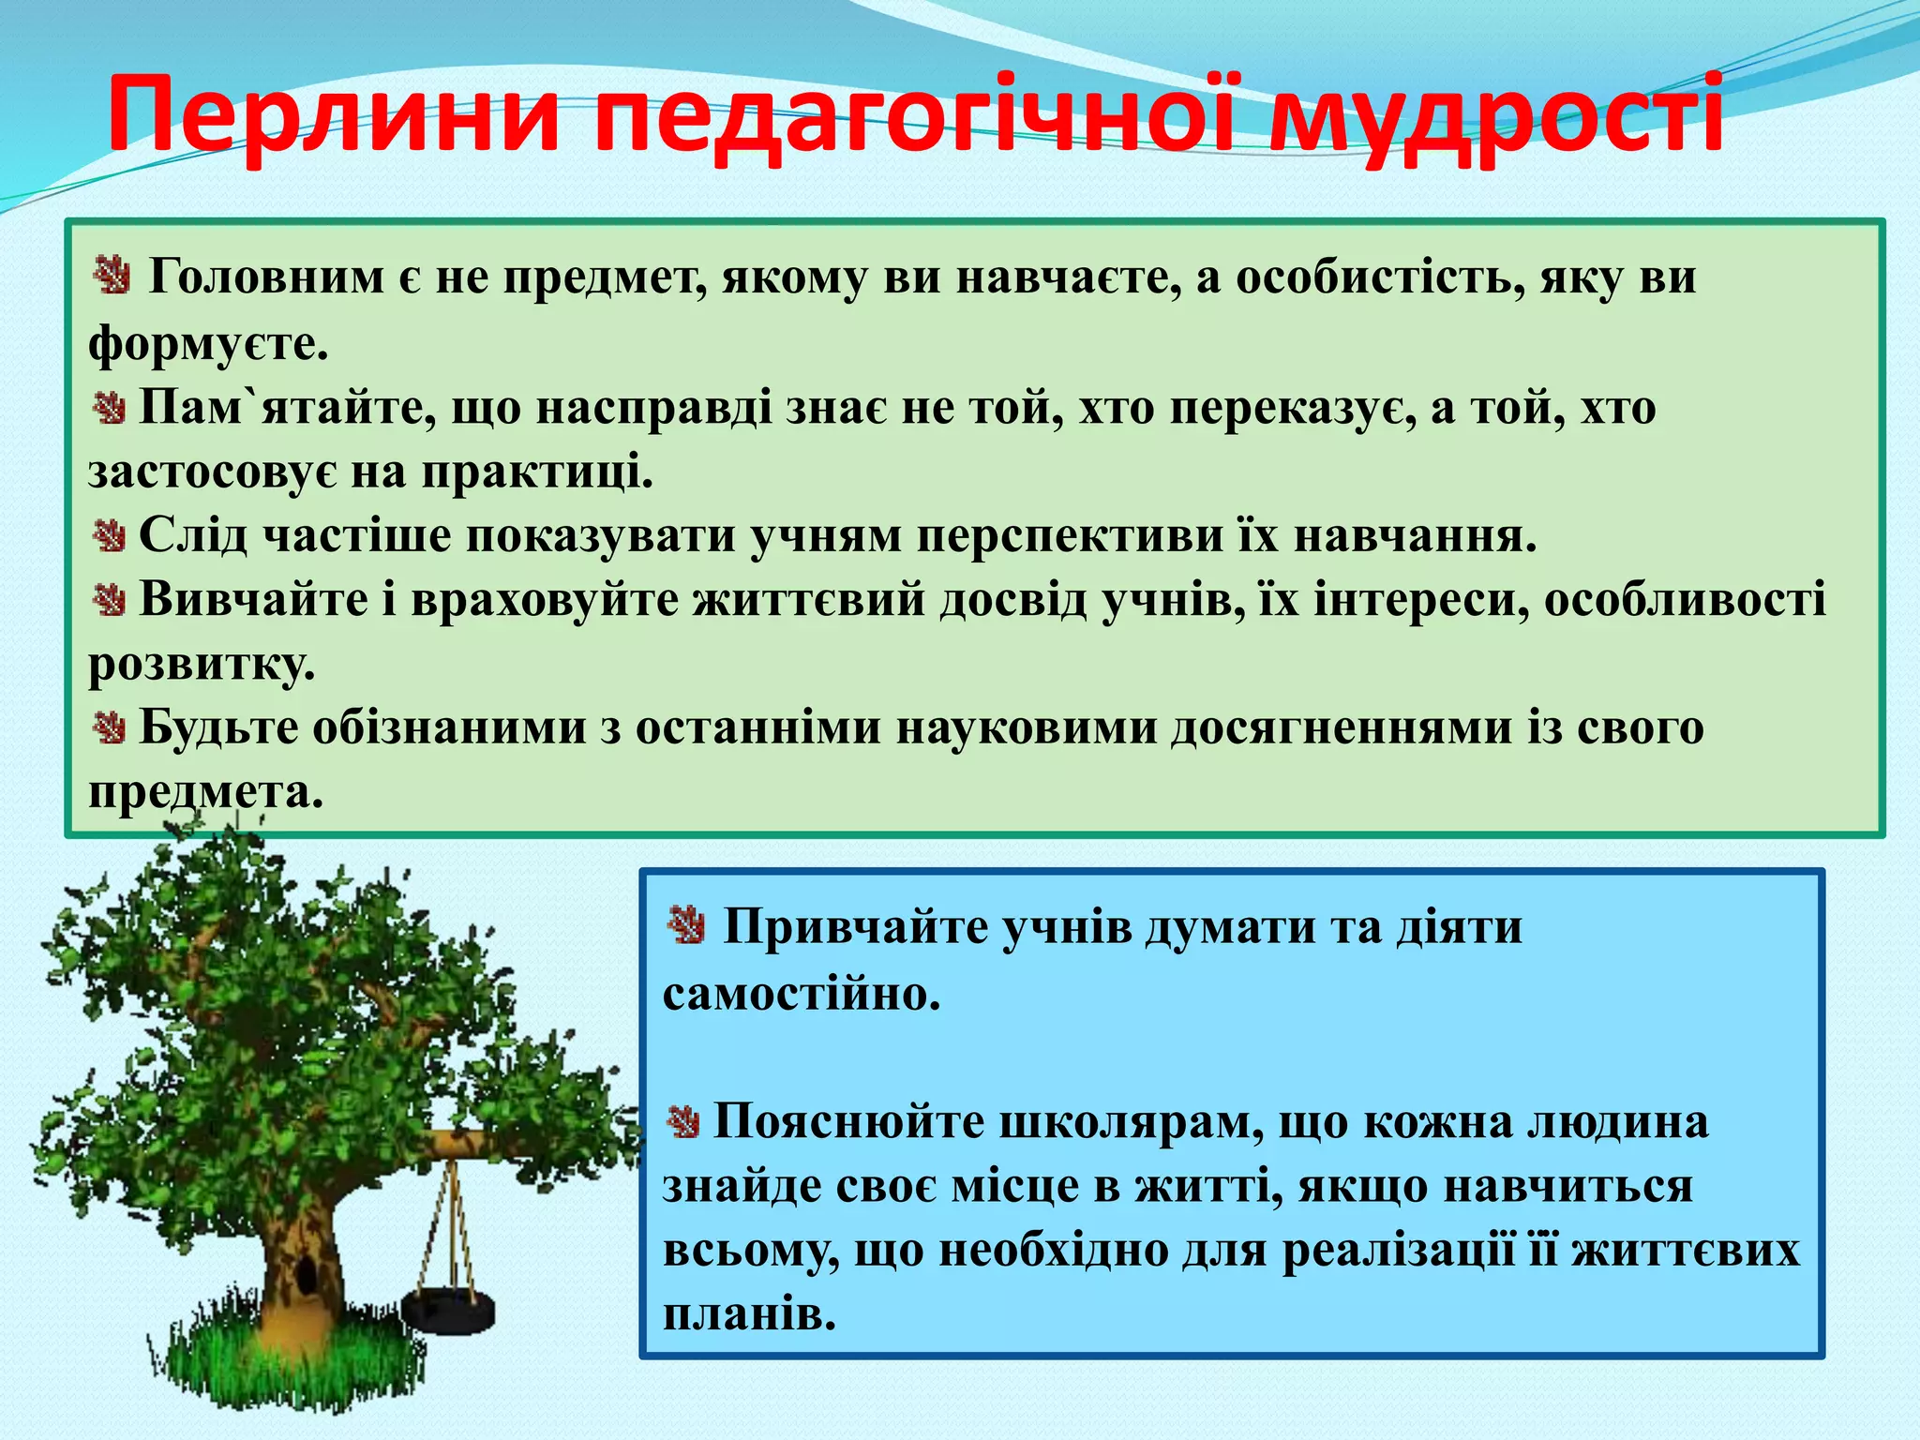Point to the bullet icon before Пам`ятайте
110,408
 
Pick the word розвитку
202,666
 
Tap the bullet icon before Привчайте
686,926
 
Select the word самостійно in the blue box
801,994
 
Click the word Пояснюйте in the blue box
848,1122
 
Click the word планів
748,1315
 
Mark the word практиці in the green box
536,472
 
